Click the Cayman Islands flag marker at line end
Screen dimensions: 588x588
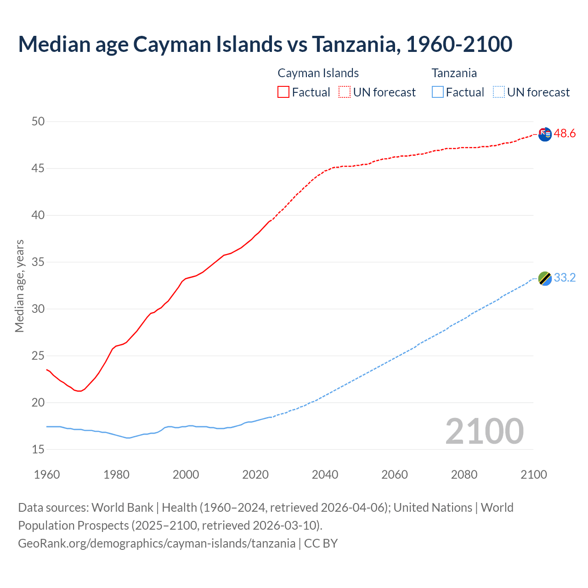coord(545,135)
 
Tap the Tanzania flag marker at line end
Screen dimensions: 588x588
coord(545,278)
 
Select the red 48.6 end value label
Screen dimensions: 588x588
coord(565,134)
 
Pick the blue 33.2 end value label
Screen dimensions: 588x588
coord(565,278)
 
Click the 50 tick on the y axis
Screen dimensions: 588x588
coord(38,122)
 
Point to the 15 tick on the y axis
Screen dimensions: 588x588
coord(38,449)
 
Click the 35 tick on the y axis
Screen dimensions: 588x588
coord(38,262)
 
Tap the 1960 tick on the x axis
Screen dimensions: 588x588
coord(47,475)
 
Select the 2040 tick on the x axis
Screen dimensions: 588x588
coord(325,475)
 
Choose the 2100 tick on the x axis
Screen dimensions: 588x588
coord(533,475)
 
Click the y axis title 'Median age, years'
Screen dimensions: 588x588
coord(19,286)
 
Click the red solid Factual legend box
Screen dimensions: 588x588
coord(283,92)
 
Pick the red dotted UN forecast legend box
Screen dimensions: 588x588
coord(345,92)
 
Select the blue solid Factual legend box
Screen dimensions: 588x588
coord(438,92)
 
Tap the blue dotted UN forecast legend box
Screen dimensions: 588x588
coord(499,92)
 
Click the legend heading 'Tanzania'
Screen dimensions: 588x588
coord(454,73)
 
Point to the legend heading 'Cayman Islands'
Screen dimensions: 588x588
coord(318,73)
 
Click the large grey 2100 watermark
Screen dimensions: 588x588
coord(484,431)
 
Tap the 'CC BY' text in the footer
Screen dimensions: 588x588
coord(321,543)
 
